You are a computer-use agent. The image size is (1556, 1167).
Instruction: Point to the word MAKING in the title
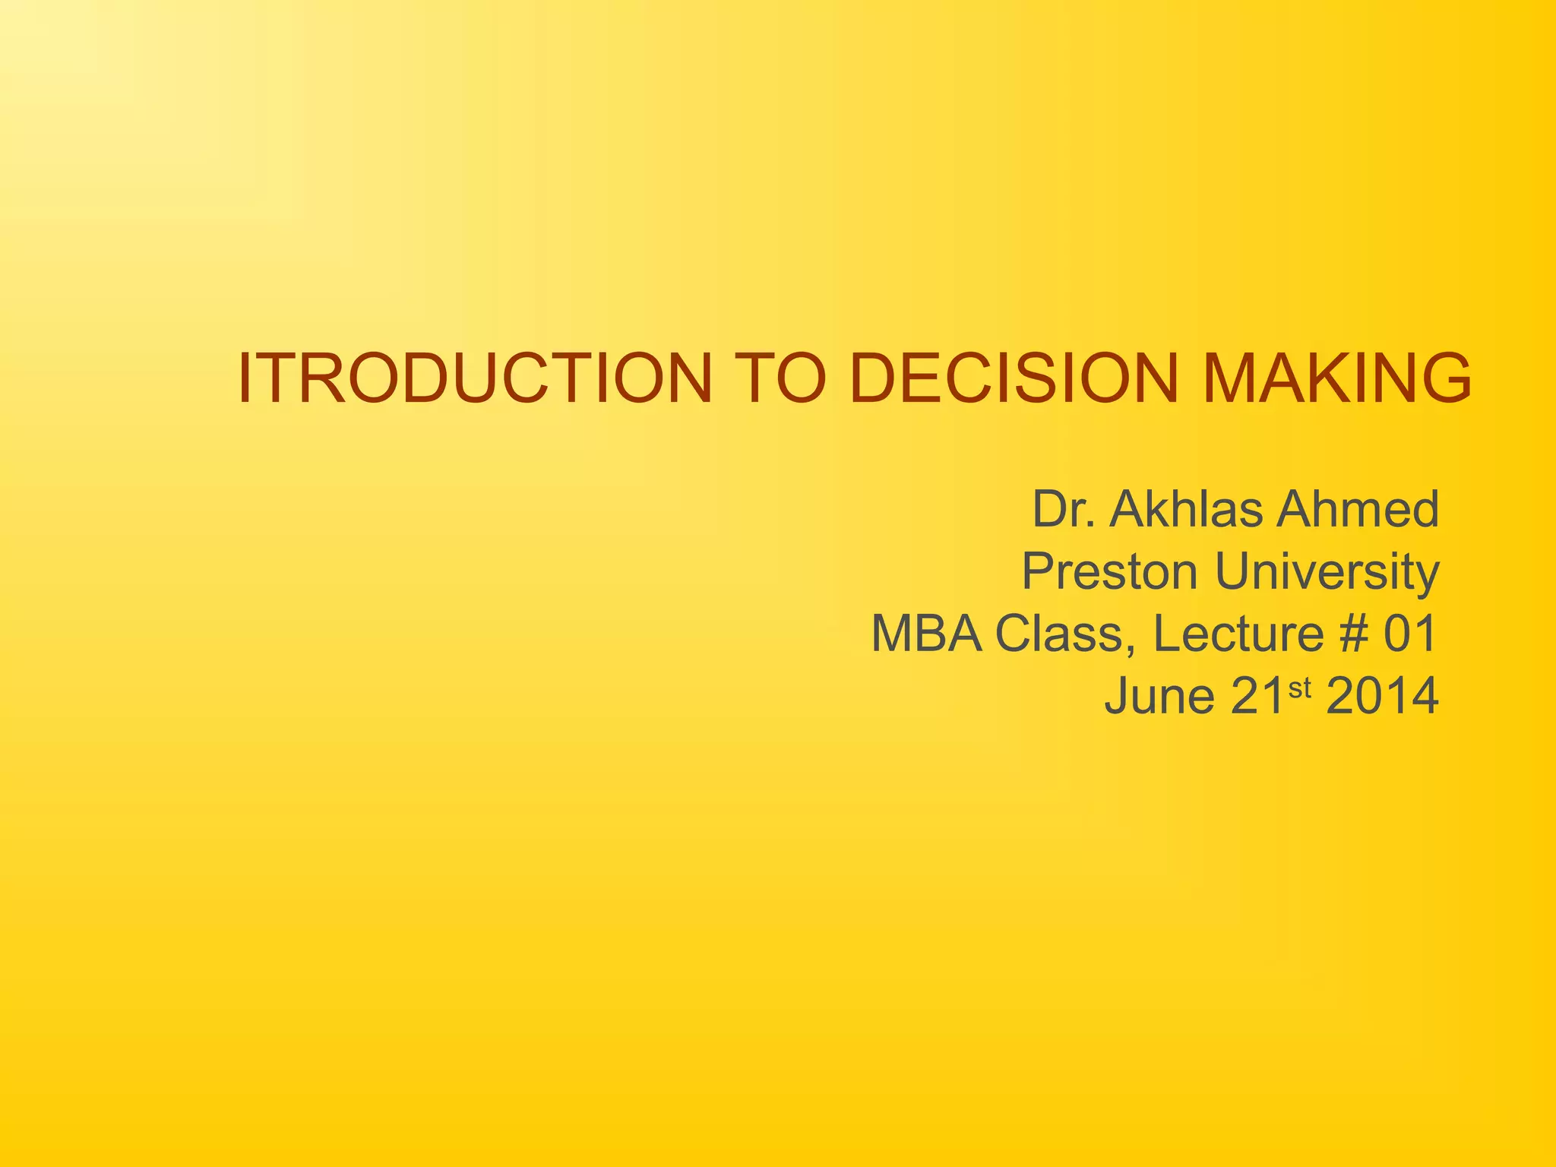point(1337,378)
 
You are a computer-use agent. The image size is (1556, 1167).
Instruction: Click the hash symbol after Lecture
point(1353,634)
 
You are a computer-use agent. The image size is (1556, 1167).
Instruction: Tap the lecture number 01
point(1409,634)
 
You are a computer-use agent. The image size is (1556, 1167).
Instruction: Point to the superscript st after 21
point(1300,688)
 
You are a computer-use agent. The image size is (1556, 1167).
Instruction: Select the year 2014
point(1381,697)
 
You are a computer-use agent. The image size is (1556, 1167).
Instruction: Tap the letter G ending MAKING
point(1441,378)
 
